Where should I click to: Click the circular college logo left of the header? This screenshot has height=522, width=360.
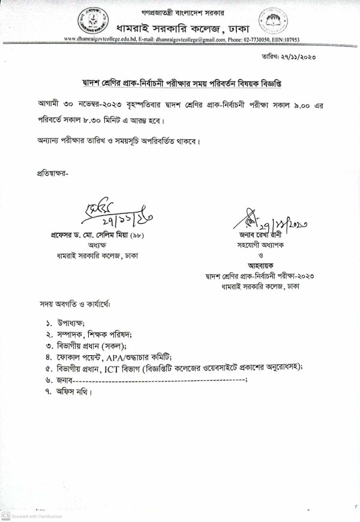click(88, 21)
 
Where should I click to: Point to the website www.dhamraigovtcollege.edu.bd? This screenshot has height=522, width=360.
click(98, 40)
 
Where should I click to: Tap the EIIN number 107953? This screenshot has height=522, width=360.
click(287, 40)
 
